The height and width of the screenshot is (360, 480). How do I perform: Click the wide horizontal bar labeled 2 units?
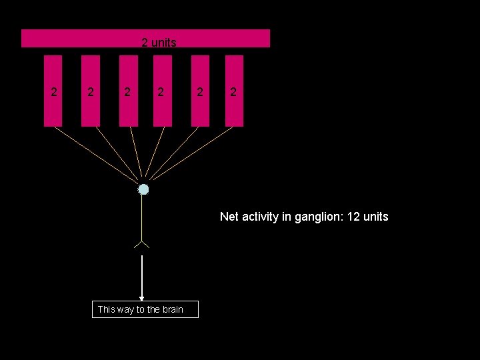pyautogui.click(x=80, y=38)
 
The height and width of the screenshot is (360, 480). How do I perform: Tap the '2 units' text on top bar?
pyautogui.click(x=159, y=43)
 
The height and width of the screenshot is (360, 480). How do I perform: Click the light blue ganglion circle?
pyautogui.click(x=143, y=189)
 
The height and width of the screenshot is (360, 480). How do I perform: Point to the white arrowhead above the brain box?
pyautogui.click(x=141, y=298)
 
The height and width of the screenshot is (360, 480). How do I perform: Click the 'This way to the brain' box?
pyautogui.click(x=145, y=309)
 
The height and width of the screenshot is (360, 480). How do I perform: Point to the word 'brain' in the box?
pyautogui.click(x=171, y=309)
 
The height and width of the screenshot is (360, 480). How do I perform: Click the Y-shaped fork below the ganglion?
pyautogui.click(x=142, y=244)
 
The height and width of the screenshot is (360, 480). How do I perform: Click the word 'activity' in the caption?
pyautogui.click(x=261, y=217)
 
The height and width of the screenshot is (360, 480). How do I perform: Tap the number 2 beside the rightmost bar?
pyautogui.click(x=233, y=92)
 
